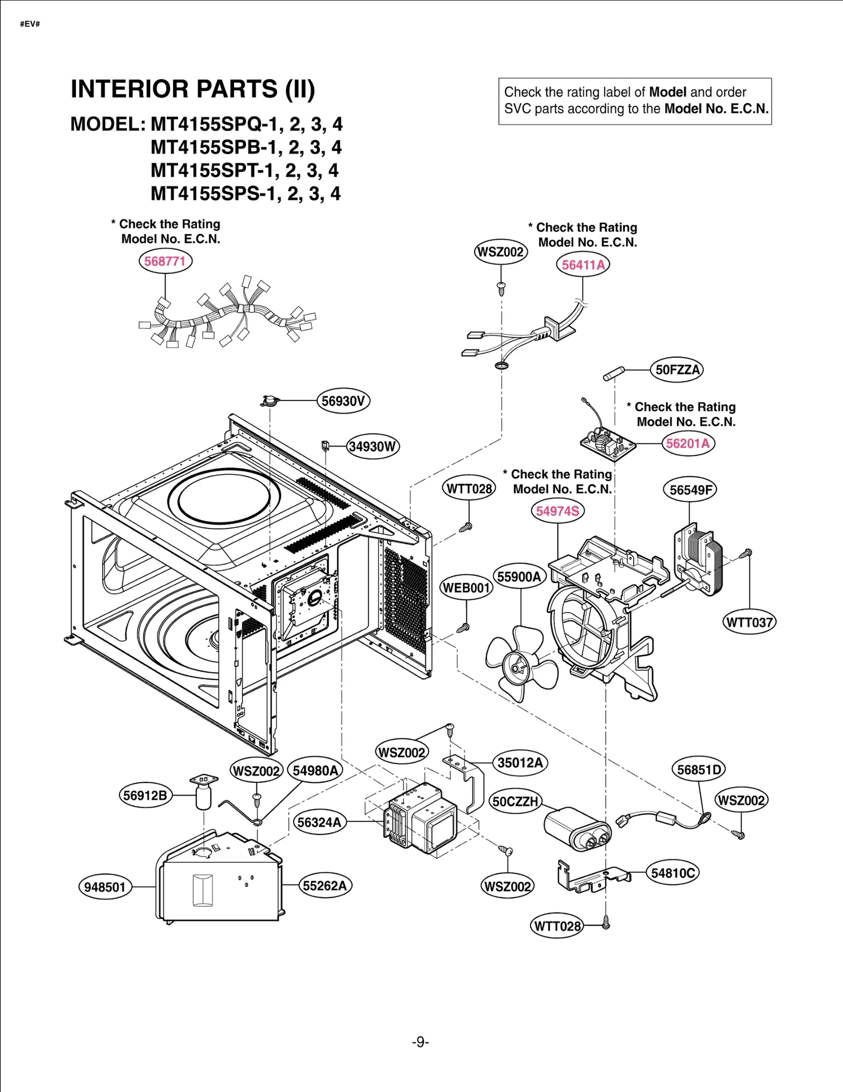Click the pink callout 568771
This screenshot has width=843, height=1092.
point(165,261)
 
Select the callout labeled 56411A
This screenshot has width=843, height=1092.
point(583,264)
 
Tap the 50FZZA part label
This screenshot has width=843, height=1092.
point(677,370)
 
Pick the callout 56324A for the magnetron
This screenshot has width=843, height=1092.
point(319,822)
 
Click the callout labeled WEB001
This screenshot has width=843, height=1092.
point(466,588)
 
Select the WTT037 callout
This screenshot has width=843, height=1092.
point(749,622)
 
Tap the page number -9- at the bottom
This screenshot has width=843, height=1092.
point(420,1042)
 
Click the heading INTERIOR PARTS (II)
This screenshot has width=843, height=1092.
point(193,89)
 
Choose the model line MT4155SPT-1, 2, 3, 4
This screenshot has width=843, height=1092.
point(244,171)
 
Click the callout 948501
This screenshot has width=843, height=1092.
point(105,887)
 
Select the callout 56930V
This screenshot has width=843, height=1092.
point(344,401)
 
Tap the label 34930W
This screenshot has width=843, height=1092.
point(373,447)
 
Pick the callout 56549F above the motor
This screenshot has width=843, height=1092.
point(690,490)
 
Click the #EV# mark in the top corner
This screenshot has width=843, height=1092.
point(30,24)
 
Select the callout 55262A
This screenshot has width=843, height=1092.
point(325,886)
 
